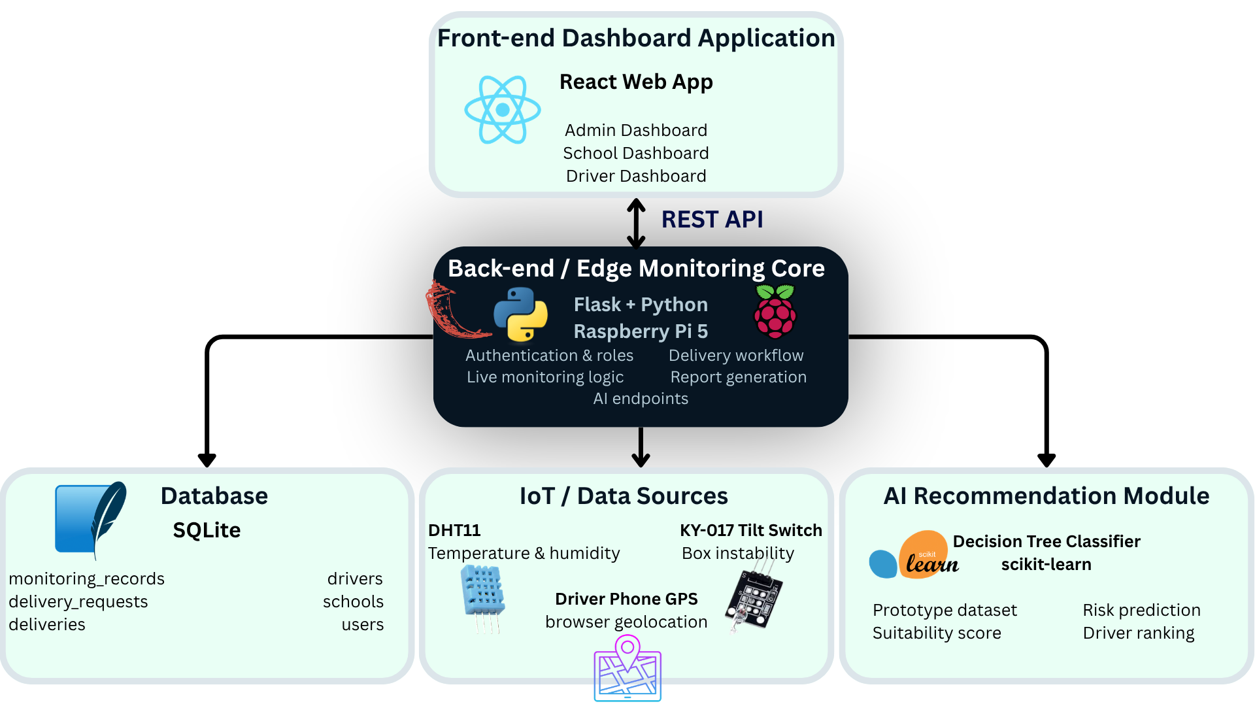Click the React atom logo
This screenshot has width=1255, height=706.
click(502, 110)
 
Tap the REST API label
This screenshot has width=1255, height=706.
click(712, 220)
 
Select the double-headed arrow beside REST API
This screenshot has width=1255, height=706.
click(636, 224)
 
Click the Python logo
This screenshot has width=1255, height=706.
click(520, 315)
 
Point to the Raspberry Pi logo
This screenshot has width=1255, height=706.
click(775, 311)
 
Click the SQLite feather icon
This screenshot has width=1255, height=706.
click(91, 520)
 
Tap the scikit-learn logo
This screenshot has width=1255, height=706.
click(914, 555)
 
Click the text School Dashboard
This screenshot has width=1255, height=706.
click(636, 153)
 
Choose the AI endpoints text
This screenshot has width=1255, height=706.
click(641, 399)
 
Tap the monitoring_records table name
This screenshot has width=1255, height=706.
click(86, 579)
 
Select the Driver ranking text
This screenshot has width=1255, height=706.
click(1139, 633)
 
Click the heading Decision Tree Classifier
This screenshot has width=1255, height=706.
click(1046, 541)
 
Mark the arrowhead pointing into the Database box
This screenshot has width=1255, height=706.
click(207, 460)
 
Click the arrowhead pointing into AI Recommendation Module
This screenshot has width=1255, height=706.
click(1046, 460)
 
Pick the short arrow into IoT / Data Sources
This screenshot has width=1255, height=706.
click(641, 447)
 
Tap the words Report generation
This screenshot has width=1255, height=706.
click(739, 377)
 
